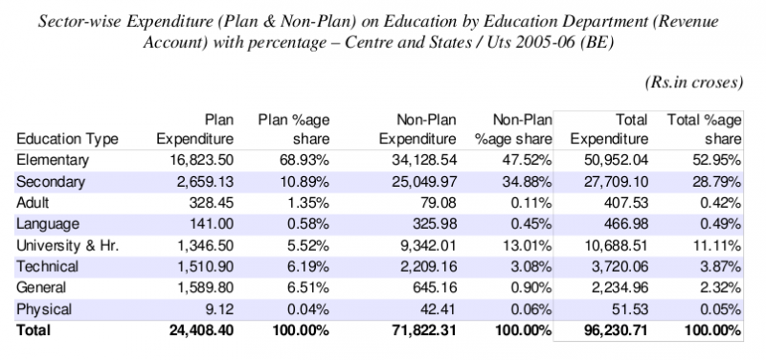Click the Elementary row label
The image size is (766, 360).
[52, 160]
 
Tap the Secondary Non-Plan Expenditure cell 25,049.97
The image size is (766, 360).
[434, 181]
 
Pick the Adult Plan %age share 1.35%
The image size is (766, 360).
[306, 203]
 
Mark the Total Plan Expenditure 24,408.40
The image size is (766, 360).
[191, 330]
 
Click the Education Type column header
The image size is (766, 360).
[68, 139]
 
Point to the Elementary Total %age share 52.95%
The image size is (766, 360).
[717, 160]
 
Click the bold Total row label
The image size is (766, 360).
[36, 330]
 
